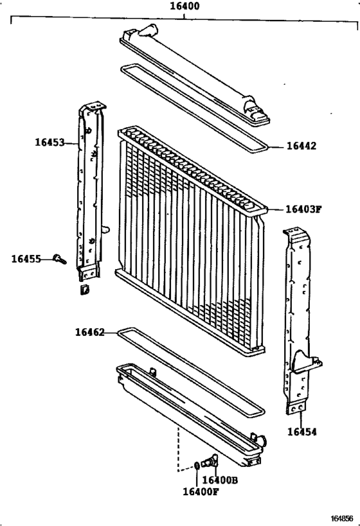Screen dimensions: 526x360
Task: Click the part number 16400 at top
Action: (184, 7)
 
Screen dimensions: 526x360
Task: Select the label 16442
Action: (301, 146)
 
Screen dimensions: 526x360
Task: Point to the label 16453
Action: (50, 143)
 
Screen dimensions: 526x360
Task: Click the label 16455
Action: (26, 259)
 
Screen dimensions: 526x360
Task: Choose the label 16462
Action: (89, 332)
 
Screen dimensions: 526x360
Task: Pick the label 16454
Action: (301, 432)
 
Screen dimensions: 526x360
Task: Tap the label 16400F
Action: (201, 492)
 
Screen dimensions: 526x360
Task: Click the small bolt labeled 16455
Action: (61, 259)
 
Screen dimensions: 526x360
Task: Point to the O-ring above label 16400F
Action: (197, 464)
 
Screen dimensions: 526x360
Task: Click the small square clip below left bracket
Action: (84, 292)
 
